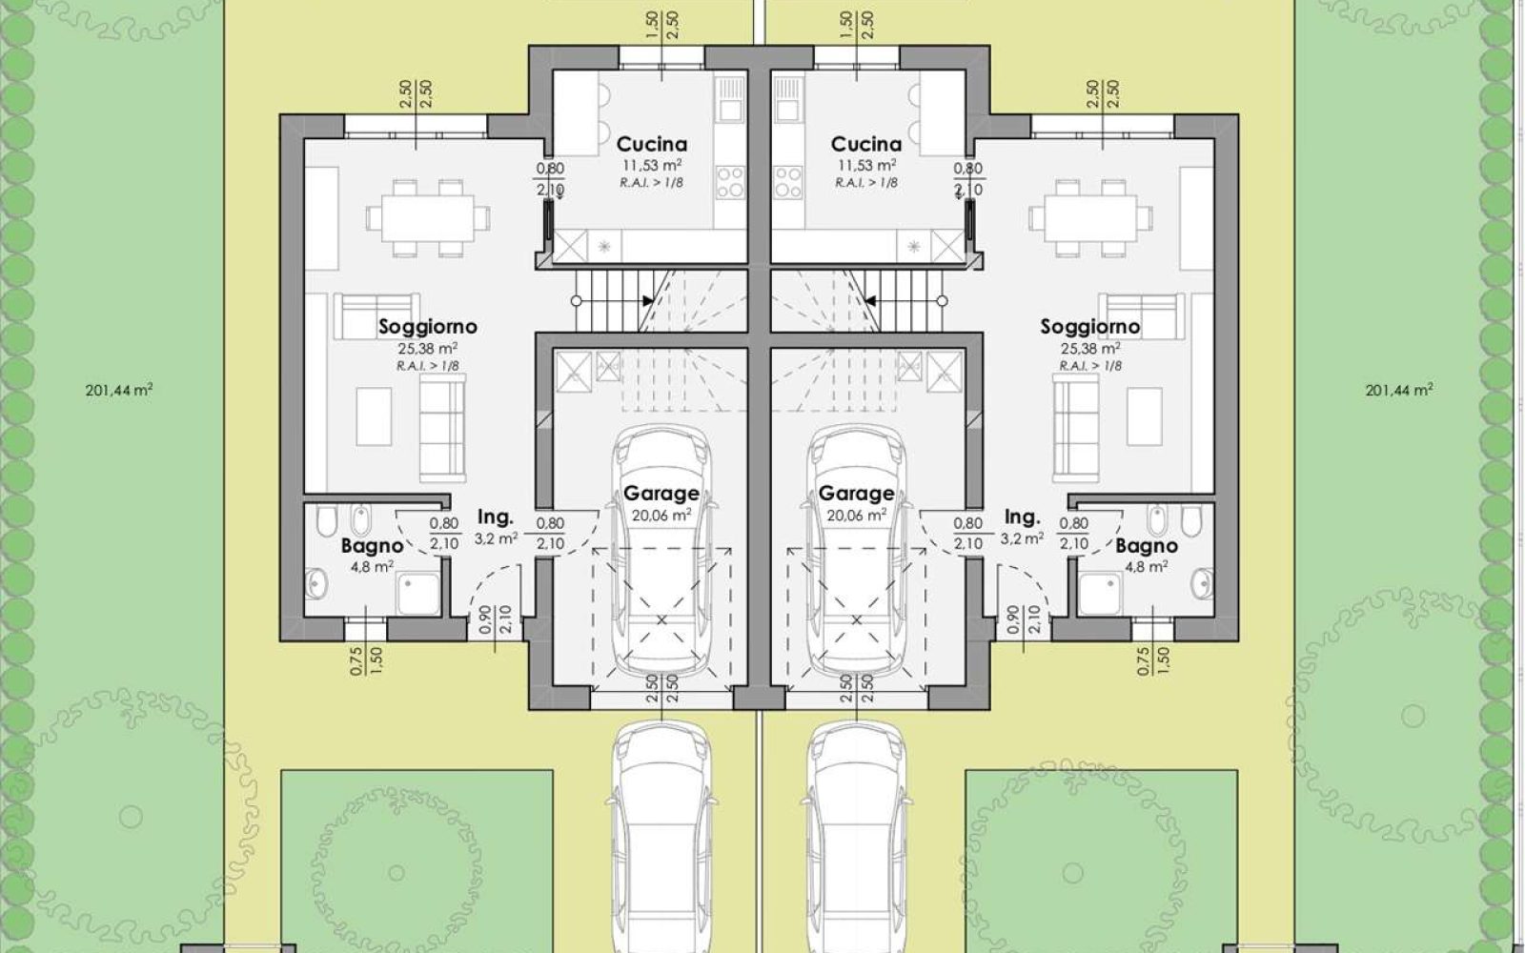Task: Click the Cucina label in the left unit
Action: pyautogui.click(x=652, y=144)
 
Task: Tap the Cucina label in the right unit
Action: pyautogui.click(x=866, y=144)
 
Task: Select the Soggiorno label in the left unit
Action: pyautogui.click(x=428, y=327)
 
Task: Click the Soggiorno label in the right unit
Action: pyautogui.click(x=1090, y=327)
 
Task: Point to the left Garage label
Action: pyautogui.click(x=661, y=494)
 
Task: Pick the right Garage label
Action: pyautogui.click(x=856, y=494)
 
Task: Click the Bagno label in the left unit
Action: pyautogui.click(x=373, y=546)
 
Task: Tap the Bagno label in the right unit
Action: pyautogui.click(x=1147, y=546)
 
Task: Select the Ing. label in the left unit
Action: pyautogui.click(x=495, y=518)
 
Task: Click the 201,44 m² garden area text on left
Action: pyautogui.click(x=119, y=391)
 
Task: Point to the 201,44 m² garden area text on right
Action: pyautogui.click(x=1399, y=391)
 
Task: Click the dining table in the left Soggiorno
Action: pyautogui.click(x=428, y=218)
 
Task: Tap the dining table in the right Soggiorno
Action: pyautogui.click(x=1090, y=218)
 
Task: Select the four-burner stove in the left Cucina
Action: pyautogui.click(x=730, y=182)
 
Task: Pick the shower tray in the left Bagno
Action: pyautogui.click(x=418, y=594)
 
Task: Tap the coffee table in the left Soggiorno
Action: pyautogui.click(x=374, y=416)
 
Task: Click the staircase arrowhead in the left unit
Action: pyautogui.click(x=647, y=301)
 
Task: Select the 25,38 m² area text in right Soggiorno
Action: pyautogui.click(x=1090, y=349)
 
